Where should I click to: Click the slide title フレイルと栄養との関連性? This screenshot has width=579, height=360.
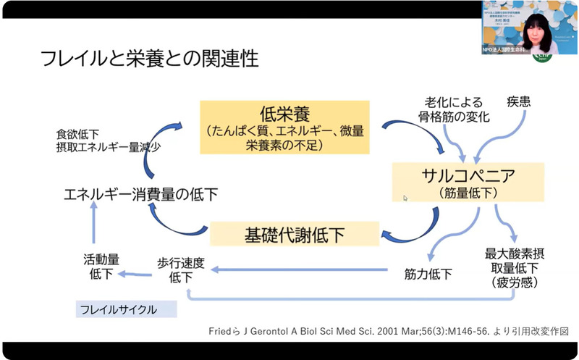(x=149, y=59)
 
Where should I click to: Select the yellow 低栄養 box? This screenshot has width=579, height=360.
(x=285, y=127)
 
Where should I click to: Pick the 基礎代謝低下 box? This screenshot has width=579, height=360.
(x=295, y=234)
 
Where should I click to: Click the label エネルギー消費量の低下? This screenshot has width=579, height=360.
(x=140, y=194)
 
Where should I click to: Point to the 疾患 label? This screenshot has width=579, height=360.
(x=518, y=102)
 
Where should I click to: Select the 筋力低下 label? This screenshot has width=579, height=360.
(x=428, y=274)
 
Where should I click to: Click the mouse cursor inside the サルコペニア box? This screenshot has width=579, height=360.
(x=406, y=198)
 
